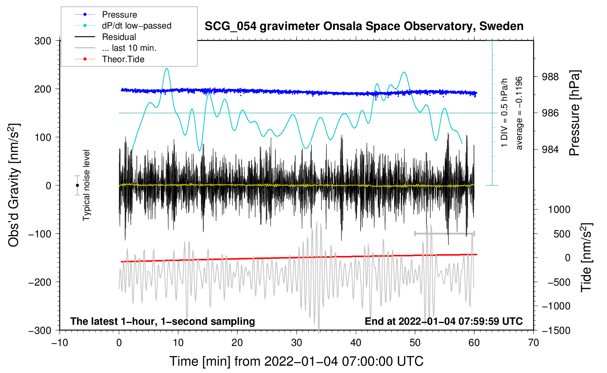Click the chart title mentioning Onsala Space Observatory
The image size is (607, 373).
pyautogui.click(x=364, y=26)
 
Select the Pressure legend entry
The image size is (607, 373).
pyautogui.click(x=119, y=15)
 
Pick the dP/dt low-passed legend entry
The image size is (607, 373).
pyautogui.click(x=136, y=26)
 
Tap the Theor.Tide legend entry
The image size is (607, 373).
pyautogui.click(x=123, y=59)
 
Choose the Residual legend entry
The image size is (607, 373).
pyautogui.click(x=119, y=37)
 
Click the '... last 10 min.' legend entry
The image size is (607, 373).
pyautogui.click(x=129, y=48)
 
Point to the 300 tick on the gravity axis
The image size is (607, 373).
pyautogui.click(x=43, y=41)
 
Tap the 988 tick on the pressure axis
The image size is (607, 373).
pyautogui.click(x=550, y=77)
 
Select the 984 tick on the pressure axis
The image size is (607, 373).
pyautogui.click(x=550, y=149)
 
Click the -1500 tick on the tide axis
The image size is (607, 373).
pyautogui.click(x=556, y=330)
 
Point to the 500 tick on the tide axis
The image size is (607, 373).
pyautogui.click(x=562, y=234)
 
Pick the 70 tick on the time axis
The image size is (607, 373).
pyautogui.click(x=534, y=343)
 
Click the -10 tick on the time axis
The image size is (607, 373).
pyautogui.click(x=60, y=343)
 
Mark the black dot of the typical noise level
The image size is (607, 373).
pyautogui.click(x=77, y=185)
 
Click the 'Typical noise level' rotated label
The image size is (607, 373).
pyautogui.click(x=86, y=185)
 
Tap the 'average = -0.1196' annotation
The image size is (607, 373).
pyautogui.click(x=519, y=113)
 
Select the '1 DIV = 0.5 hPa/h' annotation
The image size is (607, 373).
pyautogui.click(x=505, y=113)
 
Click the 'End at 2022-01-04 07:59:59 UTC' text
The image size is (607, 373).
pyautogui.click(x=444, y=321)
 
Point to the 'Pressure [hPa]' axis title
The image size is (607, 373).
pyautogui.click(x=574, y=113)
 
